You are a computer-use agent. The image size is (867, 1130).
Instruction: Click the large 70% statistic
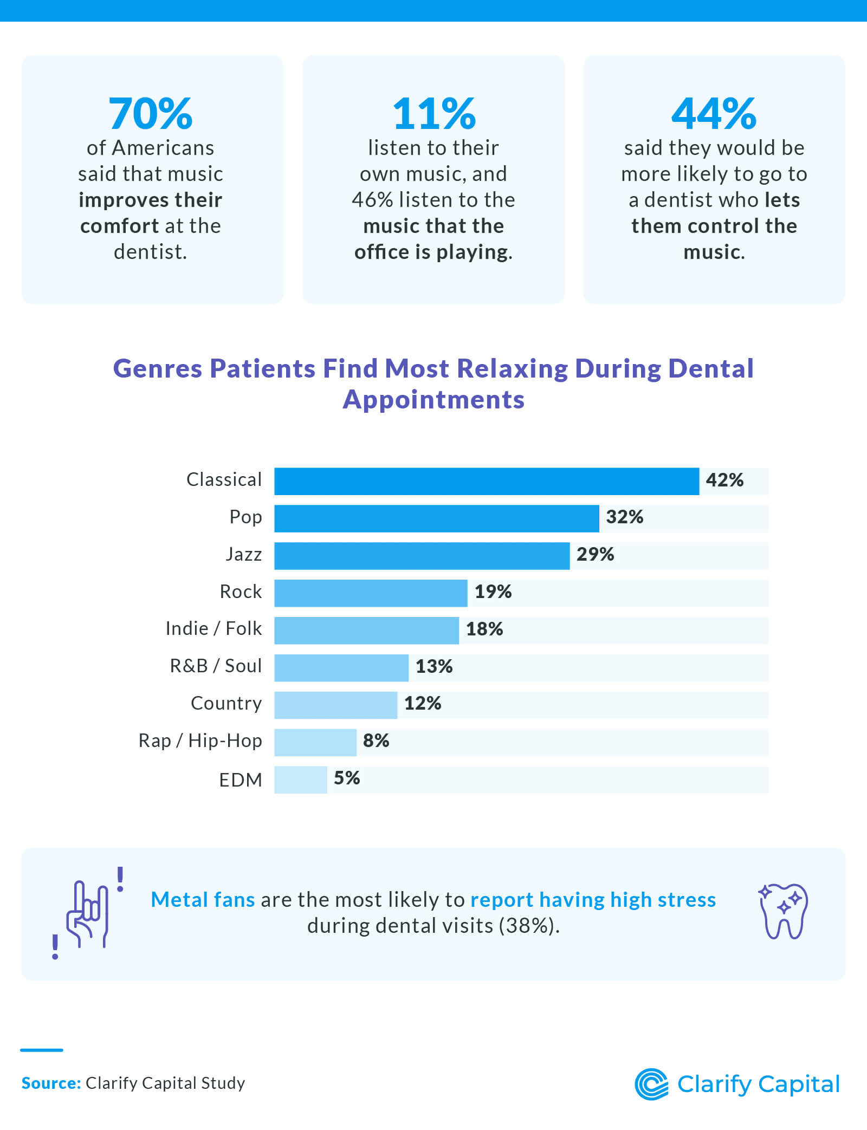151,114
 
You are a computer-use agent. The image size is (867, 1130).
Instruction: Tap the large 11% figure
433,114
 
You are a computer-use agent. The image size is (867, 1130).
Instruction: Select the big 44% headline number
714,114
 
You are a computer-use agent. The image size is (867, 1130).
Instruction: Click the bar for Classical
486,481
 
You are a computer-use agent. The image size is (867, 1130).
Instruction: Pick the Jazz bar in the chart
422,556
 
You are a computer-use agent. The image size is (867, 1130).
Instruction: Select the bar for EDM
300,780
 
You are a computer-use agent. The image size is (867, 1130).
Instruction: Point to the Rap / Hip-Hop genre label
200,741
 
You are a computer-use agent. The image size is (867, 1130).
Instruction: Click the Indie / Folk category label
213,628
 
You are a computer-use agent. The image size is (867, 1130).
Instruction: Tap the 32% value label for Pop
624,517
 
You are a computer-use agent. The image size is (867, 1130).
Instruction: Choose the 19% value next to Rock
493,592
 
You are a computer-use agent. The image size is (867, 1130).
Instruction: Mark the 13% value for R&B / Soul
433,666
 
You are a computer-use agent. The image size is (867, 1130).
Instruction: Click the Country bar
335,705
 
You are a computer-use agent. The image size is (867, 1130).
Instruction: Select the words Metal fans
203,900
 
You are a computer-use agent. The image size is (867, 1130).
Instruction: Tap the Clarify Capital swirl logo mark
651,1084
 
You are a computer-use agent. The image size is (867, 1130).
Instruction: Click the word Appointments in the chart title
433,400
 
